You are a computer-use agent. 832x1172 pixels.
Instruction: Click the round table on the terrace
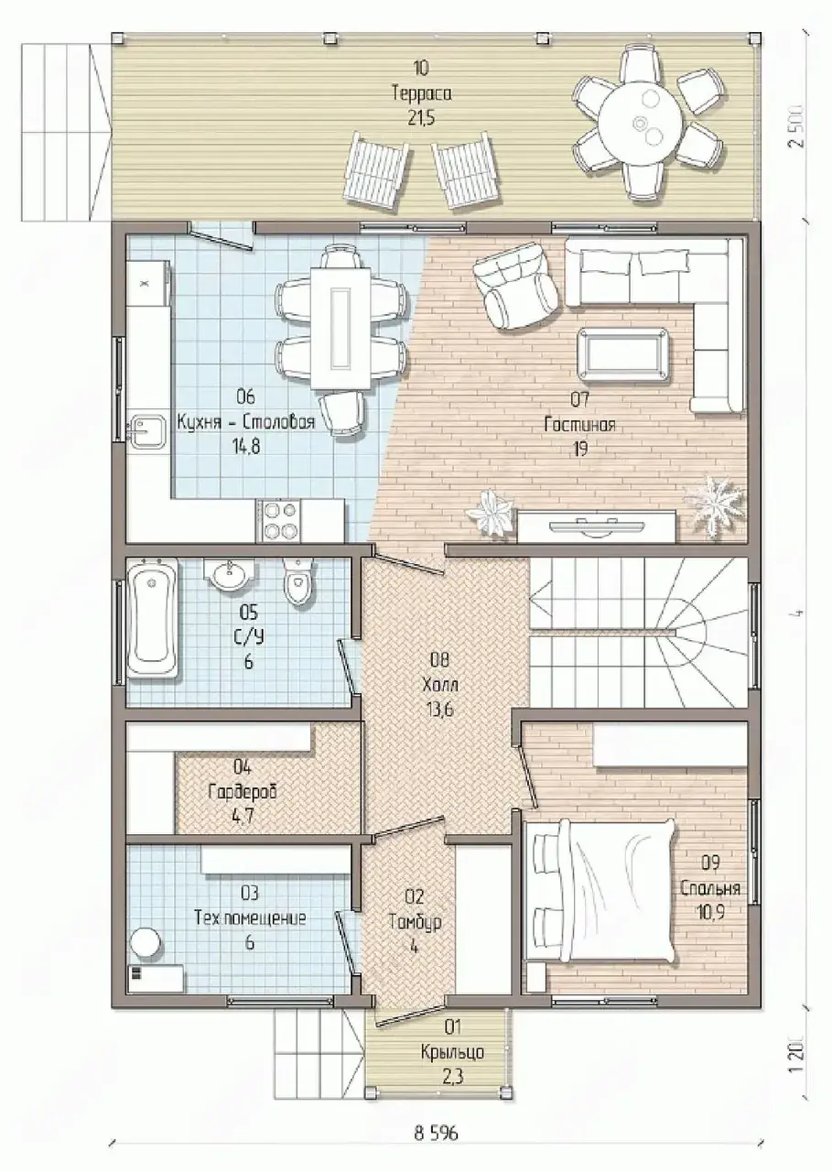point(641,124)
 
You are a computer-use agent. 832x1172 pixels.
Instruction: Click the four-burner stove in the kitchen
point(278,521)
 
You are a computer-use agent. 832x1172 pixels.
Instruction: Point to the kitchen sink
point(147,432)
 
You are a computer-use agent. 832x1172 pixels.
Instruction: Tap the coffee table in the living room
point(623,356)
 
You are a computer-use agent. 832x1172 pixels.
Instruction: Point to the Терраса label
point(421,93)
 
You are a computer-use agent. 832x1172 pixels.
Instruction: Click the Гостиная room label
point(579,424)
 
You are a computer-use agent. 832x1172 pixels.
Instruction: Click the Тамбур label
point(416,922)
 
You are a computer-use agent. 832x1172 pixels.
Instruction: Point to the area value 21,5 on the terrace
point(421,118)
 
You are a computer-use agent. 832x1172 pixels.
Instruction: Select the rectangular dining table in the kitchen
point(340,328)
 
